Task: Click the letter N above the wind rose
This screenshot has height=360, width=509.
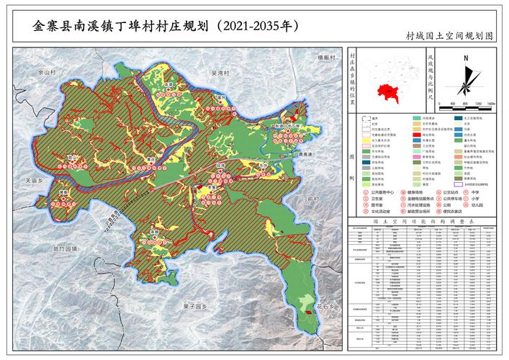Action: pos(467,60)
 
